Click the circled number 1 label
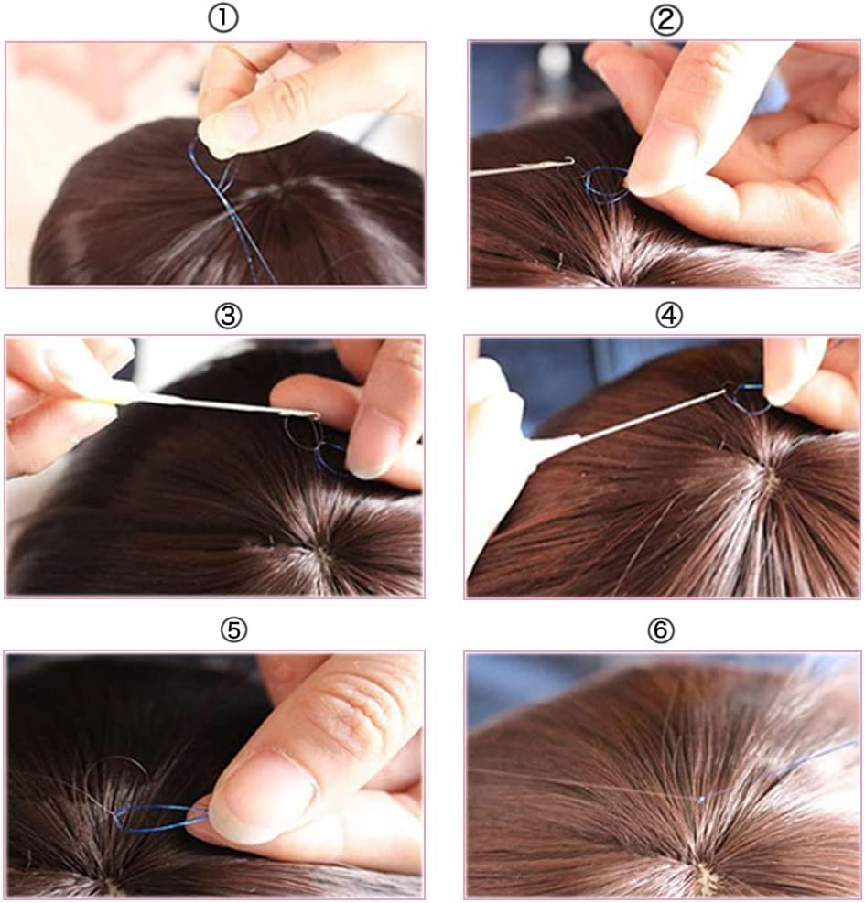223,19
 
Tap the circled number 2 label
666,21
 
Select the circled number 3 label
228,317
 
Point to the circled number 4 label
669,316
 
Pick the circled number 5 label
233,630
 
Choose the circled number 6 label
660,630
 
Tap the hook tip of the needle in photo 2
572,160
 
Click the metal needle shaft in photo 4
650,415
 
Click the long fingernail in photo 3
370,445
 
